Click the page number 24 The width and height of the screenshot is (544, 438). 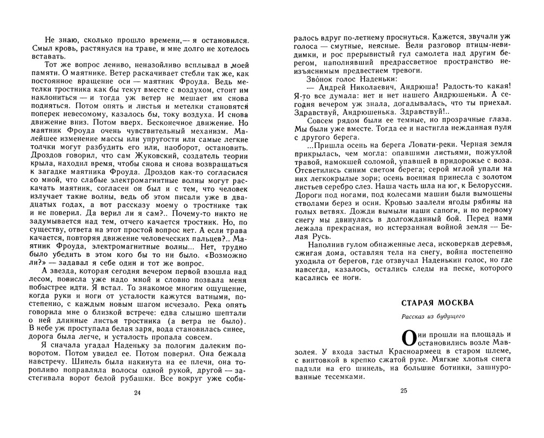tap(137, 392)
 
